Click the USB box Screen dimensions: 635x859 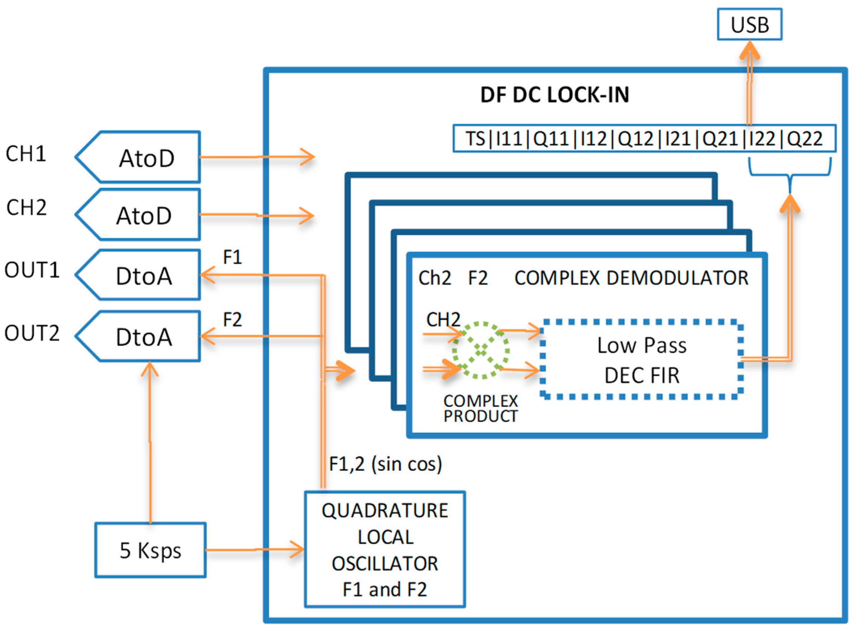749,25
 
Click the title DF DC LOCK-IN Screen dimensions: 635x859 554,95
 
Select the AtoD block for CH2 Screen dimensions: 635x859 144,215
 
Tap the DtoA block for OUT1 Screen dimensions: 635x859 144,275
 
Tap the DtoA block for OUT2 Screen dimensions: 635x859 144,336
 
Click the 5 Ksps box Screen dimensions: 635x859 150,550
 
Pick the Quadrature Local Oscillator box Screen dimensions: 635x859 385,550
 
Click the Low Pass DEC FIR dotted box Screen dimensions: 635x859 641,359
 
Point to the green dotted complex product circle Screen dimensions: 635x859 481,350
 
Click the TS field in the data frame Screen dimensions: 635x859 475,138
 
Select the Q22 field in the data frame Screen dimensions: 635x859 805,138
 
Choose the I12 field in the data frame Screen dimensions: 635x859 593,138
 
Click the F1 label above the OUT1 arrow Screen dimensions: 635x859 233,257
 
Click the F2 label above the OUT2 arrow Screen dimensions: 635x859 233,319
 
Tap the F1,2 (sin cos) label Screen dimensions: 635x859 385,464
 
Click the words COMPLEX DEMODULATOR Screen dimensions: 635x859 631,278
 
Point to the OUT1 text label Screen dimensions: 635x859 32,270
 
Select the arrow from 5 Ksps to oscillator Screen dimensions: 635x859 254,550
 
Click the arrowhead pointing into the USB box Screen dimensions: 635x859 749,50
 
